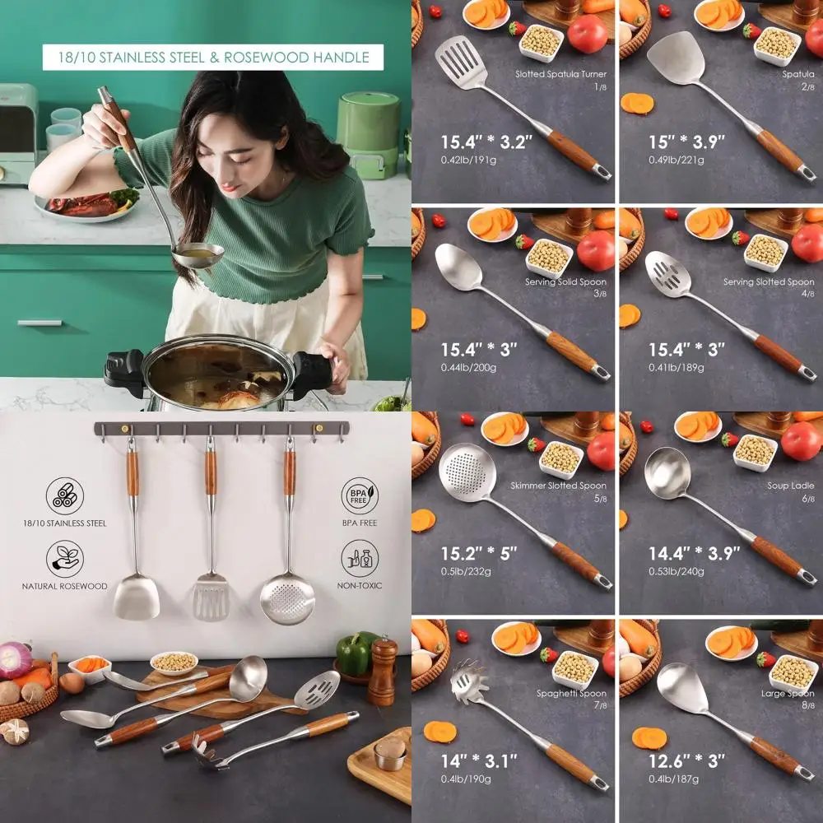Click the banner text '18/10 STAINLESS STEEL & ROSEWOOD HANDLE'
[x=212, y=58]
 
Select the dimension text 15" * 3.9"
[x=686, y=142]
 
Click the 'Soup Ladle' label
[x=791, y=486]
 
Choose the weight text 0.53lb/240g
[x=677, y=570]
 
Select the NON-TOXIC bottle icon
[x=360, y=559]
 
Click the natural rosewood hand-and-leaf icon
[x=64, y=559]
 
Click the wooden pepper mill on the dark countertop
[x=383, y=670]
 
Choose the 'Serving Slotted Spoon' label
[x=769, y=282]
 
